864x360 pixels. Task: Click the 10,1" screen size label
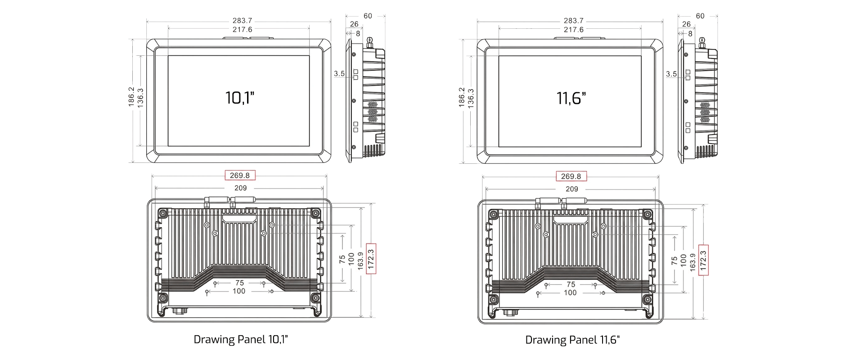pyautogui.click(x=240, y=98)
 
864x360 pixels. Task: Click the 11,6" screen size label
pyautogui.click(x=571, y=98)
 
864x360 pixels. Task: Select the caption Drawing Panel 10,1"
pyautogui.click(x=241, y=339)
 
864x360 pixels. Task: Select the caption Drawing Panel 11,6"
pyautogui.click(x=572, y=340)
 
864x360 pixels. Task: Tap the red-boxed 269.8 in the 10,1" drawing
pyautogui.click(x=240, y=175)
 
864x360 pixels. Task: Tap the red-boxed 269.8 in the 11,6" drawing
pyautogui.click(x=571, y=176)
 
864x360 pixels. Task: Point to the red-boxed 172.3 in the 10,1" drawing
pyautogui.click(x=371, y=259)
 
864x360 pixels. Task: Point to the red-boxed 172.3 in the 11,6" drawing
pyautogui.click(x=703, y=260)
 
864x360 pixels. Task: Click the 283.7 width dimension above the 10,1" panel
pyautogui.click(x=243, y=21)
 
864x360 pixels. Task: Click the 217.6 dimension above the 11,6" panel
pyautogui.click(x=574, y=30)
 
